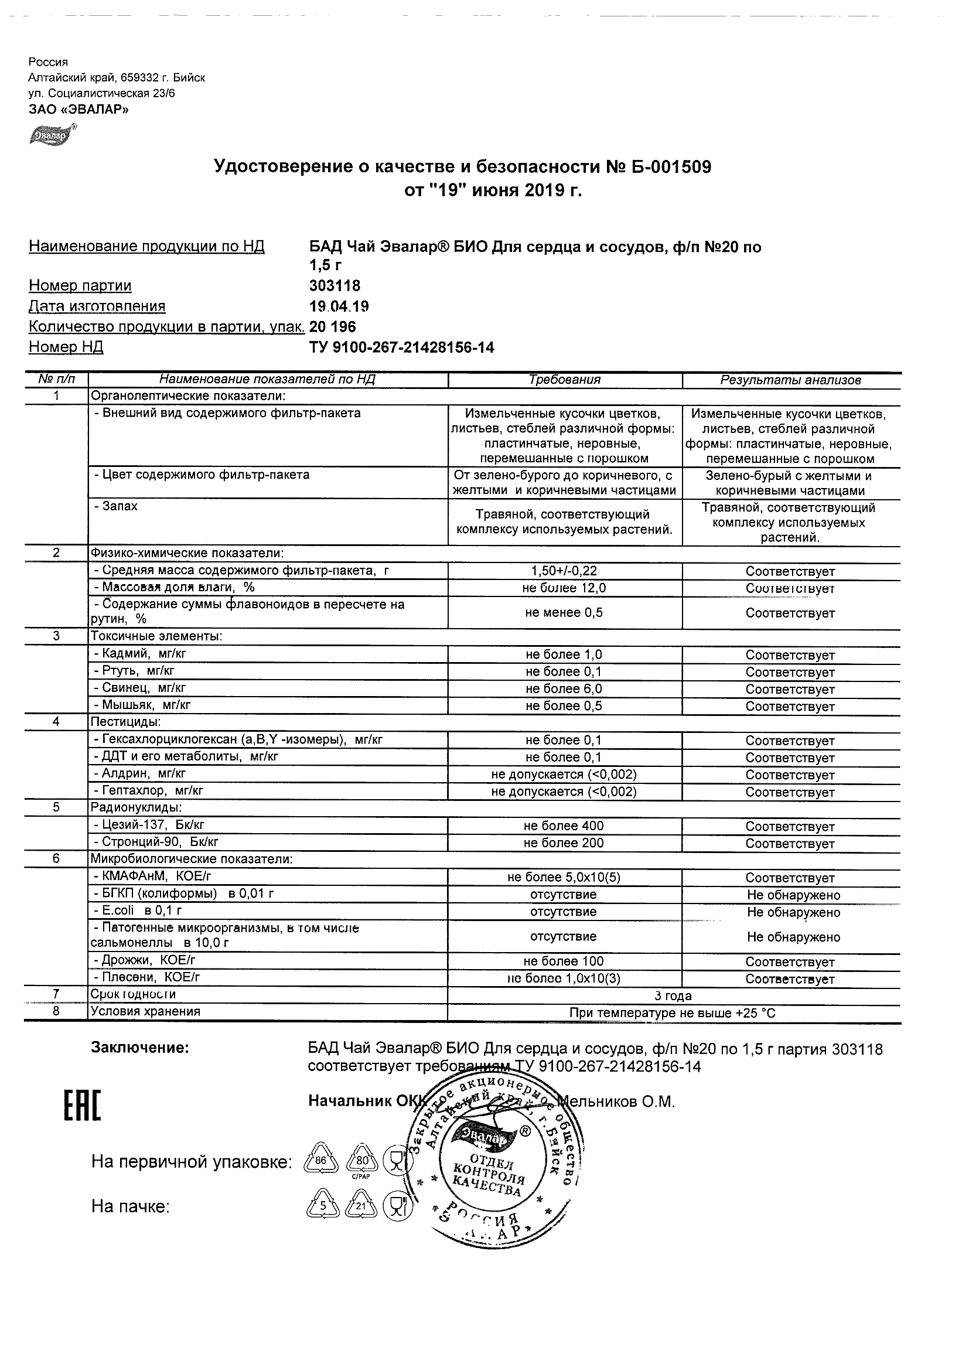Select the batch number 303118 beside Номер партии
click(x=335, y=286)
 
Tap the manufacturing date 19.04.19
click(x=339, y=306)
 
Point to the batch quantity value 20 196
click(x=333, y=326)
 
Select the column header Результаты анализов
click(x=790, y=380)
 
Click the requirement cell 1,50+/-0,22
click(x=564, y=571)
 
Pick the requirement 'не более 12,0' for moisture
click(x=564, y=588)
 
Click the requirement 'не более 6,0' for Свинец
click(x=564, y=689)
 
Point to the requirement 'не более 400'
click(x=564, y=827)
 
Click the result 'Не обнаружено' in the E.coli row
click(x=793, y=912)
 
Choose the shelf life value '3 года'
click(x=673, y=995)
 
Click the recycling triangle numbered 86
click(x=321, y=1161)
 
